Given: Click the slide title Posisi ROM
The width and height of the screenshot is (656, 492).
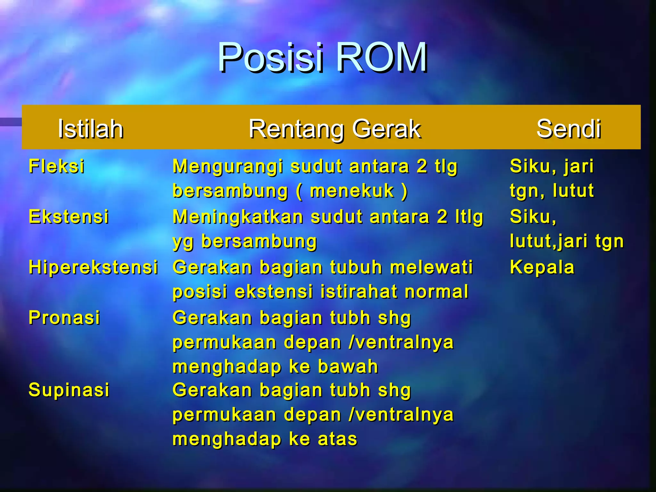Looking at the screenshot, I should (322, 57).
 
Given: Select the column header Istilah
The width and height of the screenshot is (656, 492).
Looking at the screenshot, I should (91, 129).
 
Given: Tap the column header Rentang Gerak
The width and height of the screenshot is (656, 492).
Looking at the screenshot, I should (335, 129).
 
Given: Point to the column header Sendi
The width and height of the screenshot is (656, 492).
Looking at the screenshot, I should (569, 129).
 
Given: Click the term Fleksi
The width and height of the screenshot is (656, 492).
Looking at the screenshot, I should (57, 166).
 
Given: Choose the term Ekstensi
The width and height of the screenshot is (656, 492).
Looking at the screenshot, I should (69, 217).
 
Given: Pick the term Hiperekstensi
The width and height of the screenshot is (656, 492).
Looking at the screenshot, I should (93, 267).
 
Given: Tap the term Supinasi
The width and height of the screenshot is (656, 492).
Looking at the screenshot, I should (69, 390).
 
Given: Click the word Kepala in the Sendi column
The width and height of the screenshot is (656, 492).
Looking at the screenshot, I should (542, 267).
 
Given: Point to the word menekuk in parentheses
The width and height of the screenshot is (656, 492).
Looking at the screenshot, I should (352, 191).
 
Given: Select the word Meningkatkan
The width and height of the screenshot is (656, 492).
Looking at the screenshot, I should (238, 217).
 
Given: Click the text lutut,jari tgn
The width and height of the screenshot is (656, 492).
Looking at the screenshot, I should (566, 241).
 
